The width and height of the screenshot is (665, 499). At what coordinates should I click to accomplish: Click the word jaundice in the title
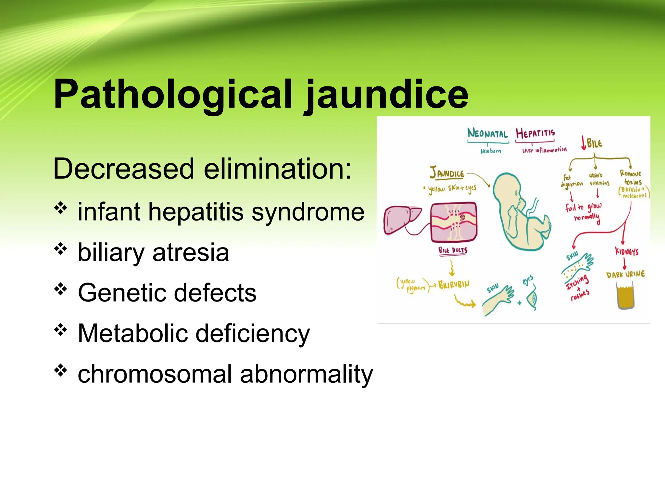coord(386,95)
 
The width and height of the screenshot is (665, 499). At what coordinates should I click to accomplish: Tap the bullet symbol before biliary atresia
coord(60,249)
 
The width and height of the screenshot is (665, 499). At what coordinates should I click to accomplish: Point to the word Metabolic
coord(132,333)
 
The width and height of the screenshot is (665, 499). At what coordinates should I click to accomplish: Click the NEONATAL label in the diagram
coord(487,134)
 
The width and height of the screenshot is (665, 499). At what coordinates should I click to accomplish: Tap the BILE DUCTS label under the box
coord(453,250)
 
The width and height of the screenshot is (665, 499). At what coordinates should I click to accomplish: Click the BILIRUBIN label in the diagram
coord(454,285)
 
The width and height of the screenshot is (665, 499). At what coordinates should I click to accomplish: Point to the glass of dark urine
coord(625,296)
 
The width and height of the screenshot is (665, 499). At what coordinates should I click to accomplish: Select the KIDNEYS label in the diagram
coord(626,251)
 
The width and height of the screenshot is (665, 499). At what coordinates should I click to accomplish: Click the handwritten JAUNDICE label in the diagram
coord(447,173)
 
